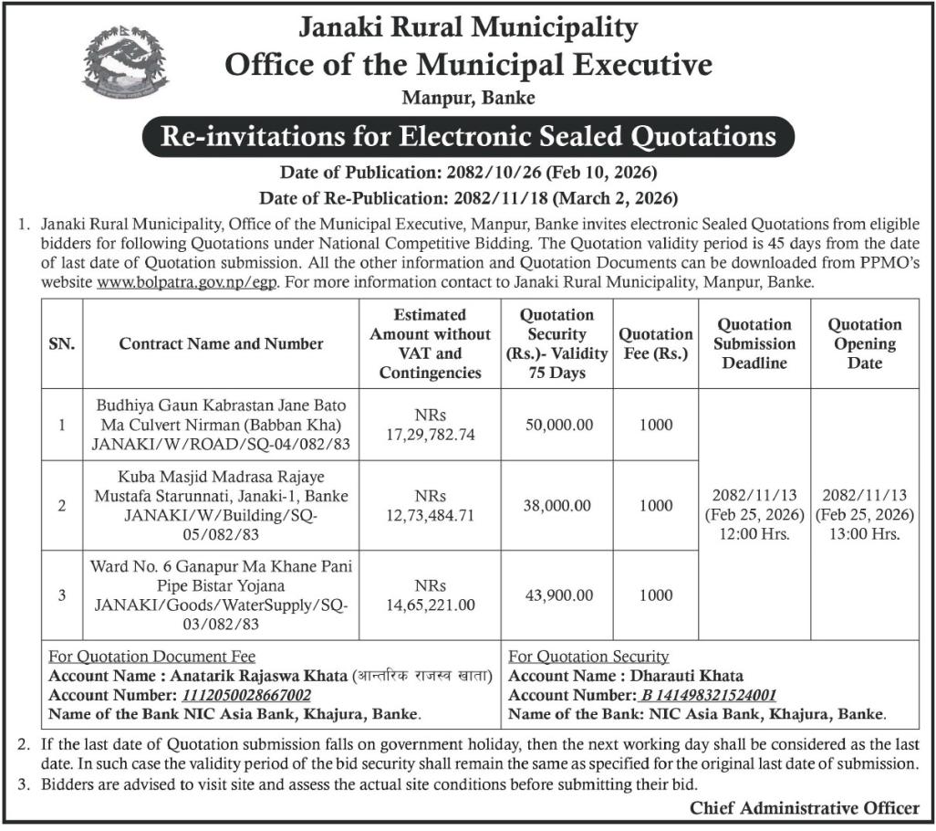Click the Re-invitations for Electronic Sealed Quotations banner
[x=468, y=136]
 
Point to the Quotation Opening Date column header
[x=864, y=343]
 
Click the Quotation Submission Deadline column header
[x=754, y=343]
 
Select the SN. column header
[x=61, y=343]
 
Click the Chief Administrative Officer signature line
[x=804, y=807]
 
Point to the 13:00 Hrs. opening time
[x=864, y=534]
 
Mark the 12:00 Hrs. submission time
[x=754, y=534]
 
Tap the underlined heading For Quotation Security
[x=588, y=657]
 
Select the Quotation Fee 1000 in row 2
[x=656, y=505]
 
